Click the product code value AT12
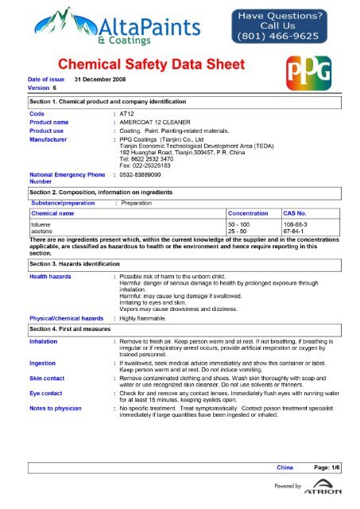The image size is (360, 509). [127, 115]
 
